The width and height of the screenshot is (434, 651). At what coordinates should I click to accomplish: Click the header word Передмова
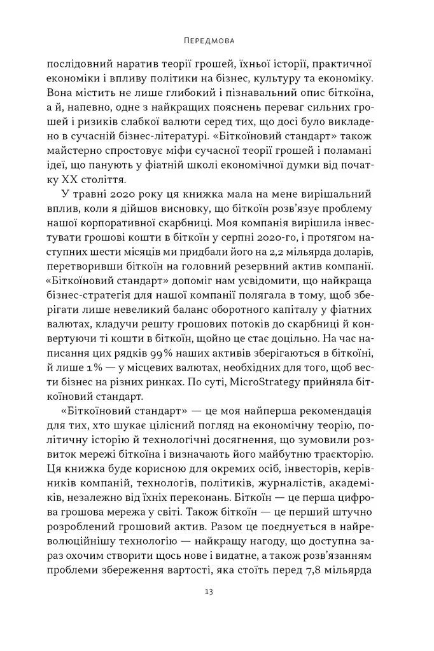coord(217,41)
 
